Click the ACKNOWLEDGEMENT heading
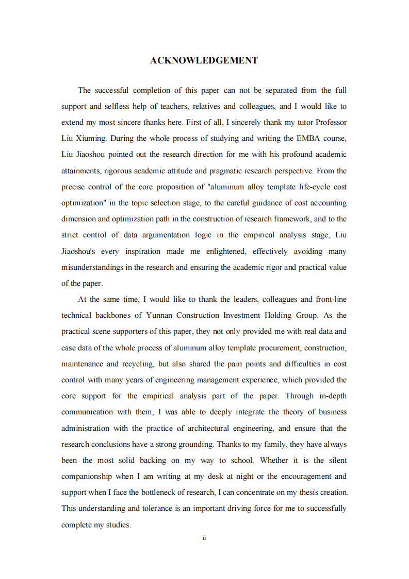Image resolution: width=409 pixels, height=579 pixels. (204, 61)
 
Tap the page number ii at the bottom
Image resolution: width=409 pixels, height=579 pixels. (204, 538)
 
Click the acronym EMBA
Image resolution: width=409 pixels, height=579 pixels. (309, 138)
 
